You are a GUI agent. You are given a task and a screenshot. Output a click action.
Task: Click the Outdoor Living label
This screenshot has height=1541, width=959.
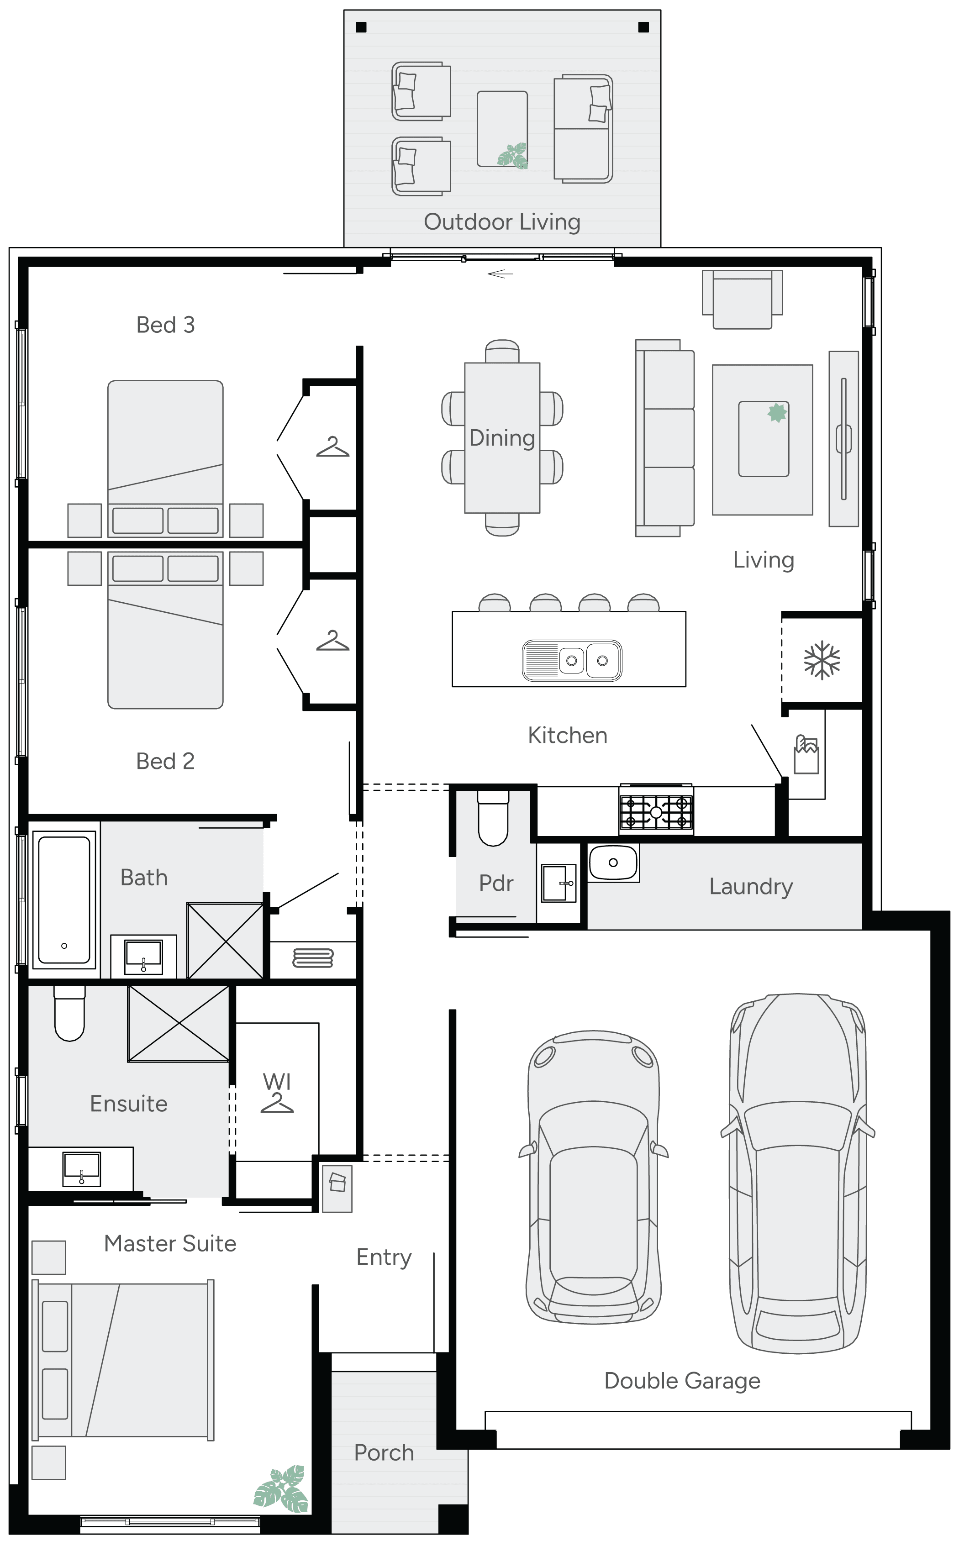click(x=502, y=222)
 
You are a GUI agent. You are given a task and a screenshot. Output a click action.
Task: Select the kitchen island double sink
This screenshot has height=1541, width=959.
click(x=571, y=660)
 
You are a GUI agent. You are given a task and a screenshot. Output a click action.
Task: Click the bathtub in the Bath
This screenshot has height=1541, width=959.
click(x=64, y=899)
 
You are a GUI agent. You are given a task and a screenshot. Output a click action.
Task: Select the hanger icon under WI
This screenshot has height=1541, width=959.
click(x=277, y=1104)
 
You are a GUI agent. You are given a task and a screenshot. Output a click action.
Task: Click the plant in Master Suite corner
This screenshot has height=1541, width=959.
click(x=282, y=1488)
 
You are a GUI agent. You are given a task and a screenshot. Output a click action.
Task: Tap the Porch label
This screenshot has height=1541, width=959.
click(x=384, y=1452)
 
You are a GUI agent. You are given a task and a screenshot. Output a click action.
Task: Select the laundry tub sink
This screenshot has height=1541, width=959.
click(x=613, y=863)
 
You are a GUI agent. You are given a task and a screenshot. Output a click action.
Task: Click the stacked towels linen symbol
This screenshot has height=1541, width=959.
click(x=313, y=958)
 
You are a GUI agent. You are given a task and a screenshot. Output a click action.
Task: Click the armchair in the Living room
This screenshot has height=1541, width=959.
click(x=742, y=300)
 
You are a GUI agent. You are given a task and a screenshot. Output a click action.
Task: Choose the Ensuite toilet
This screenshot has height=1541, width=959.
click(x=69, y=1013)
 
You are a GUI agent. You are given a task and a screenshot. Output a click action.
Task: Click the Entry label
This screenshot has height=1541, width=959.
click(x=384, y=1257)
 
